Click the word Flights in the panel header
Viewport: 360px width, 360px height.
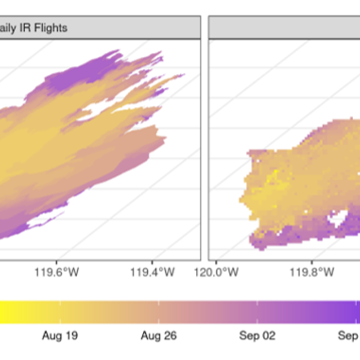[52, 28]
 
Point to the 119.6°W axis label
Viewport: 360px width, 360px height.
[56, 272]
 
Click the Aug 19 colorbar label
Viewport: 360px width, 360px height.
[60, 335]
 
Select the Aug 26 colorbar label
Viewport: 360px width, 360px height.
[159, 335]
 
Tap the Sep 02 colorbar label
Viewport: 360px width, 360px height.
[257, 335]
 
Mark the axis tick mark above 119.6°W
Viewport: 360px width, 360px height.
[56, 261]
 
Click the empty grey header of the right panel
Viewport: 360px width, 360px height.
[283, 28]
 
